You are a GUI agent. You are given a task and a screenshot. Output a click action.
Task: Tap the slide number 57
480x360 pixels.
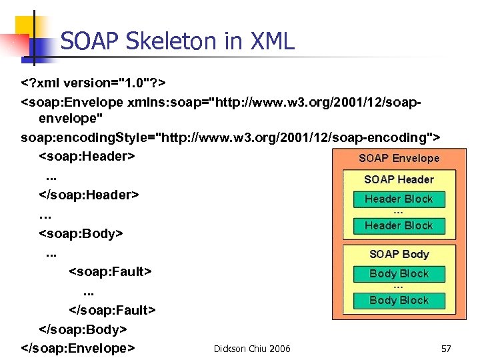(446, 349)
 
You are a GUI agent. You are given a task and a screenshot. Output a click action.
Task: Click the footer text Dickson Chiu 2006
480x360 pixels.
(252, 349)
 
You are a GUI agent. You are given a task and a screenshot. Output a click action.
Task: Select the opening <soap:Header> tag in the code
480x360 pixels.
(87, 157)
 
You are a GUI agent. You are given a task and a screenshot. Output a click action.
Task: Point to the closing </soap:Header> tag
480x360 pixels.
(89, 195)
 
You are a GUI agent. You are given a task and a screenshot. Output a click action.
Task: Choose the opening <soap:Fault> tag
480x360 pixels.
(110, 272)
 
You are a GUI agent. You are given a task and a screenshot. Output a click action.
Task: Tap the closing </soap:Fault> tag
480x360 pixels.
(112, 311)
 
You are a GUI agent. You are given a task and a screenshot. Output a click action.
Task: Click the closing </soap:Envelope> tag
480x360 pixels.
(79, 348)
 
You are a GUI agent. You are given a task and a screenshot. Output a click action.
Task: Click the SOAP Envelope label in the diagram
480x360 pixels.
(399, 159)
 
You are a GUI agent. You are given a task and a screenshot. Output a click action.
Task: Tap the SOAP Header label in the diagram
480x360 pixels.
(399, 180)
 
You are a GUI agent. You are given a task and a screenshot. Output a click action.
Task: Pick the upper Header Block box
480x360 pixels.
(399, 199)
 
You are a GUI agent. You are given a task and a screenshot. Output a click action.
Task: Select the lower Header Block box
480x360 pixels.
(399, 226)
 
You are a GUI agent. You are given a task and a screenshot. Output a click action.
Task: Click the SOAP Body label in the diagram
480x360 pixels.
(399, 255)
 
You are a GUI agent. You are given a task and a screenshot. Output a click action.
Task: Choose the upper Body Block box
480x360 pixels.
(399, 273)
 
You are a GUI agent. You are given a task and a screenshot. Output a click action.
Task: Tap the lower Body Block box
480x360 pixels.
(399, 301)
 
